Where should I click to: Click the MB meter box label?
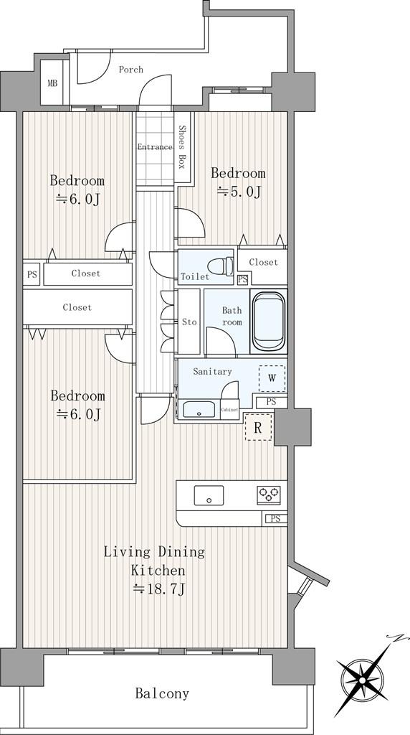coord(52,84)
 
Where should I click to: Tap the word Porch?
coord(130,70)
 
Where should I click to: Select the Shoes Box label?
coord(182,147)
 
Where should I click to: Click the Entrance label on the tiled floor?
coord(155,147)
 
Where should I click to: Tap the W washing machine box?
coord(272,378)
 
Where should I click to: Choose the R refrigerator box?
coord(258,427)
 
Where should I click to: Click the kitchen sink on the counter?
coord(209,495)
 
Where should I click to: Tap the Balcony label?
coord(162,693)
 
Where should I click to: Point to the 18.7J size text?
coord(159,589)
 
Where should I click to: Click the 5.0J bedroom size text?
coord(238,192)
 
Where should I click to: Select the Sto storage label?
coord(189,322)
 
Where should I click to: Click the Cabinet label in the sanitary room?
coord(229,410)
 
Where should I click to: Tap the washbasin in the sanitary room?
coord(199,409)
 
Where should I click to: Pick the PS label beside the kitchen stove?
coord(276,518)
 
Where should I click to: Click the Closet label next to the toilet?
coord(263,263)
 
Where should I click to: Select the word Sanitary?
coord(212,372)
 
